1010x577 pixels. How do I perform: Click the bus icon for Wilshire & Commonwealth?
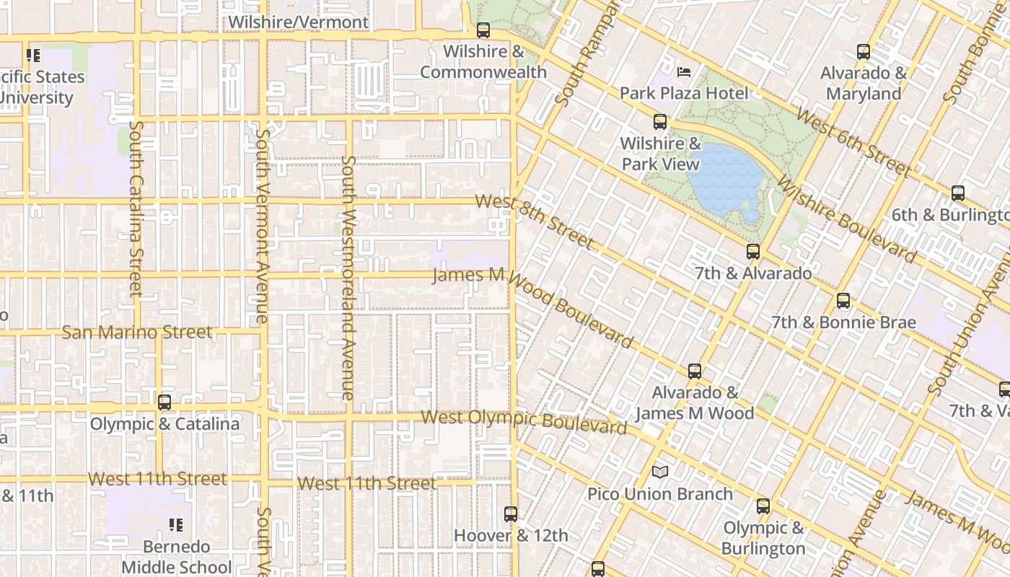pos(483,30)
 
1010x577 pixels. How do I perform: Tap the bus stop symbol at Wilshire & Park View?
pos(660,122)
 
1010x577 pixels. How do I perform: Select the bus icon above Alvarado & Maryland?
pos(864,52)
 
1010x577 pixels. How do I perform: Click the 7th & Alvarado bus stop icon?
pos(753,252)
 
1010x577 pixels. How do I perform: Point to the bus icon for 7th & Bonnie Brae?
pos(843,301)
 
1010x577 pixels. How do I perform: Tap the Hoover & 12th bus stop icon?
pos(511,514)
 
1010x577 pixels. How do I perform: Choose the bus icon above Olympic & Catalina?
pos(164,402)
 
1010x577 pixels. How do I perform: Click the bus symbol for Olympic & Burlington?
pos(763,506)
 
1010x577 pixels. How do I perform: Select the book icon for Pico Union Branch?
pos(660,472)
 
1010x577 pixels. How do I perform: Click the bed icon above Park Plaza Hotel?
pos(684,72)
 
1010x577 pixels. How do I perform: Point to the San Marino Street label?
pos(137,332)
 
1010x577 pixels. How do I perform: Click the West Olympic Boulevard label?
pos(524,422)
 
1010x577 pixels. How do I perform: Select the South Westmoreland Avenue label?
pos(348,278)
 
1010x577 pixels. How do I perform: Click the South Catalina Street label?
pos(136,209)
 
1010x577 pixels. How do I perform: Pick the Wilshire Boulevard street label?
pos(848,222)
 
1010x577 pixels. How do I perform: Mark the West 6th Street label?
pos(853,143)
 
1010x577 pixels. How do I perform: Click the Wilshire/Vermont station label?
pos(299,22)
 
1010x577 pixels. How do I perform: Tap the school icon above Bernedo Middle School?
pos(176,525)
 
